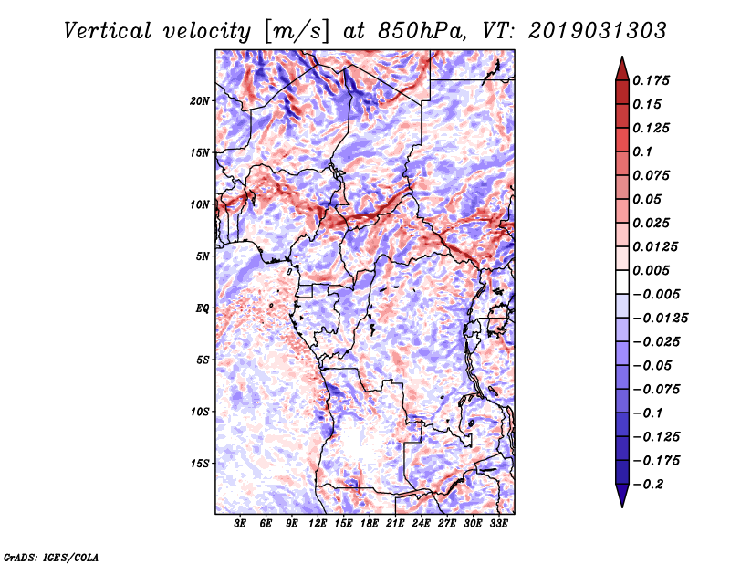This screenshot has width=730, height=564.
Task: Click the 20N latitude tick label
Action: (x=200, y=100)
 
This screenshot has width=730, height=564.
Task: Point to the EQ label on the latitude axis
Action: (x=203, y=308)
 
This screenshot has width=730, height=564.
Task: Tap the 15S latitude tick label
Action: (x=200, y=464)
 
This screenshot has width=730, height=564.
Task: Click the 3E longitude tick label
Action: (x=241, y=524)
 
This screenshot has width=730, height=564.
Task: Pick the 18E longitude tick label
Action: (x=370, y=524)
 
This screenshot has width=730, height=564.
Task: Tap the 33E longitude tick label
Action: (x=498, y=524)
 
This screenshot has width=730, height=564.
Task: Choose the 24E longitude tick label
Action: (x=421, y=524)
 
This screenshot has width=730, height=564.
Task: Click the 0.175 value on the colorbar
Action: (x=653, y=80)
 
